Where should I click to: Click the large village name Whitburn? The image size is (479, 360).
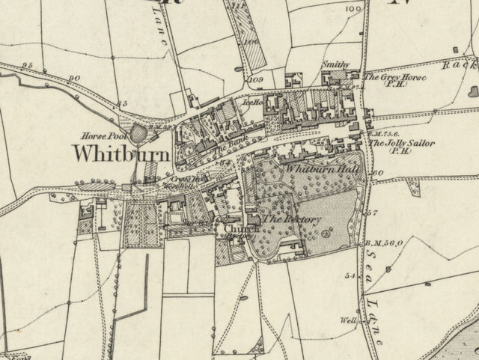pos(120,153)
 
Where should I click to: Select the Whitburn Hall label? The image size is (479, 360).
pos(323,170)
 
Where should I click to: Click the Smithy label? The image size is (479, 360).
pos(336,66)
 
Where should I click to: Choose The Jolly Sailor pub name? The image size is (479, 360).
pos(401,142)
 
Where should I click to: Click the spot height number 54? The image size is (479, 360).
pos(349,275)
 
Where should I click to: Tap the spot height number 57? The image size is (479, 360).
pos(374,213)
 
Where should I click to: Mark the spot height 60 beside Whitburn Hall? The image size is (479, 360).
pos(377,173)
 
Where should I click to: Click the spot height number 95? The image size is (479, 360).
pos(28,66)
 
